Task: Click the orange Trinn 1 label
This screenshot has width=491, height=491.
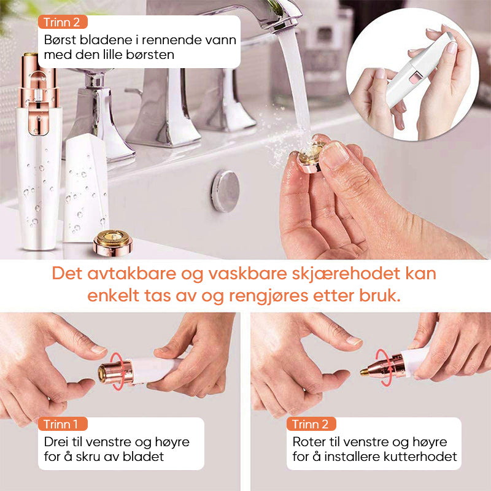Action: click(x=63, y=424)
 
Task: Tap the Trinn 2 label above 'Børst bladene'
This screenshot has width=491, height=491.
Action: click(x=63, y=22)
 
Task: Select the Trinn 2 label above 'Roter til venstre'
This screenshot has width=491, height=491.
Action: click(x=311, y=424)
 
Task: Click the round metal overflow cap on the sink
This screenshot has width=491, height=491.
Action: click(x=225, y=191)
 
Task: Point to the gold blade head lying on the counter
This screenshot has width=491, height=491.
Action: click(x=113, y=242)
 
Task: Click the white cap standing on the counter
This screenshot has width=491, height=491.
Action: click(x=86, y=188)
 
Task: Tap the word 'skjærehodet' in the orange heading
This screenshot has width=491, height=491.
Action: click(x=346, y=274)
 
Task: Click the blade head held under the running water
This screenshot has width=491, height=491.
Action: click(x=310, y=157)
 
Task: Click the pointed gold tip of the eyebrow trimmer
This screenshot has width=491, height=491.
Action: click(x=363, y=372)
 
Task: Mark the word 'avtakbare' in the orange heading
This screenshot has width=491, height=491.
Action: click(x=131, y=274)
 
